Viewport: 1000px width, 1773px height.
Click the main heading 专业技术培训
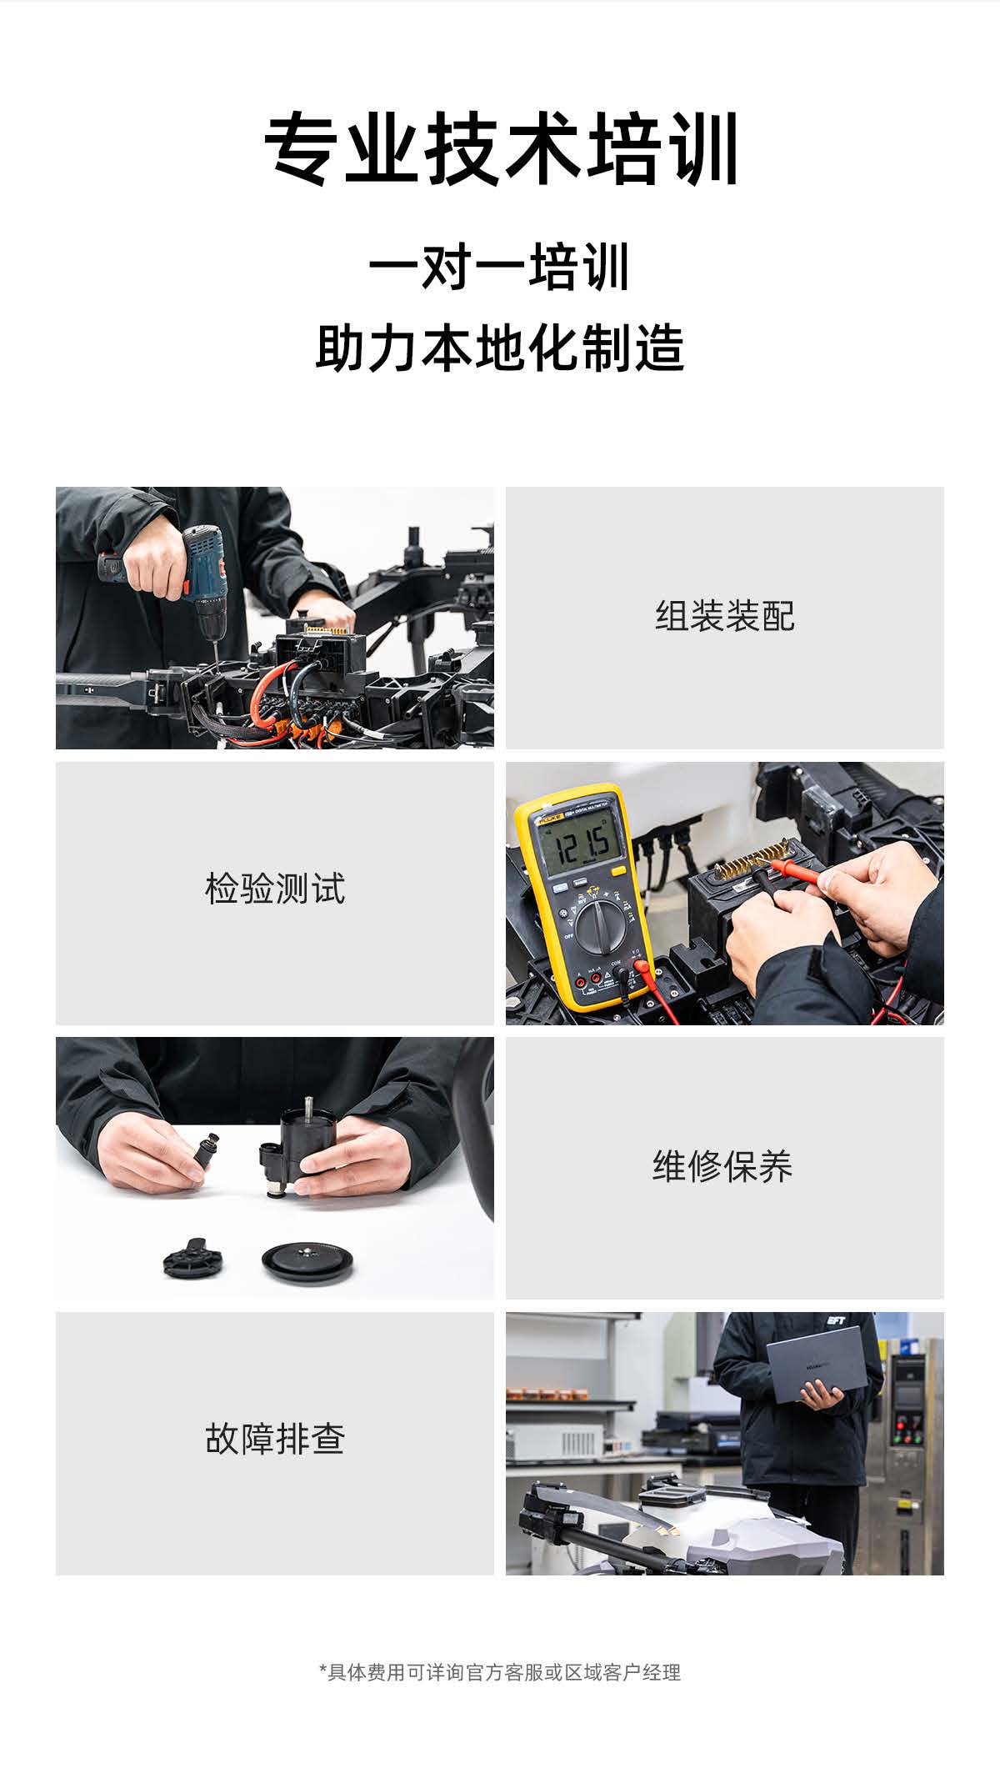500,149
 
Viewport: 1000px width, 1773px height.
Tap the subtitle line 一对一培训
500,268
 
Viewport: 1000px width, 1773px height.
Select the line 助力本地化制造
500,348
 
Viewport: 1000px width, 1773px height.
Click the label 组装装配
724,617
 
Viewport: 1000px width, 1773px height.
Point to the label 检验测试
274,889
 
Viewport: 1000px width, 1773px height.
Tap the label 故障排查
274,1440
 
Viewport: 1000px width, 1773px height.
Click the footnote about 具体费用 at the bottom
500,1672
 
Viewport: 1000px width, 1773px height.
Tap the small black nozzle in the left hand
206,1150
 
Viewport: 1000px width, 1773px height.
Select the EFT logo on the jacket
836,1321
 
